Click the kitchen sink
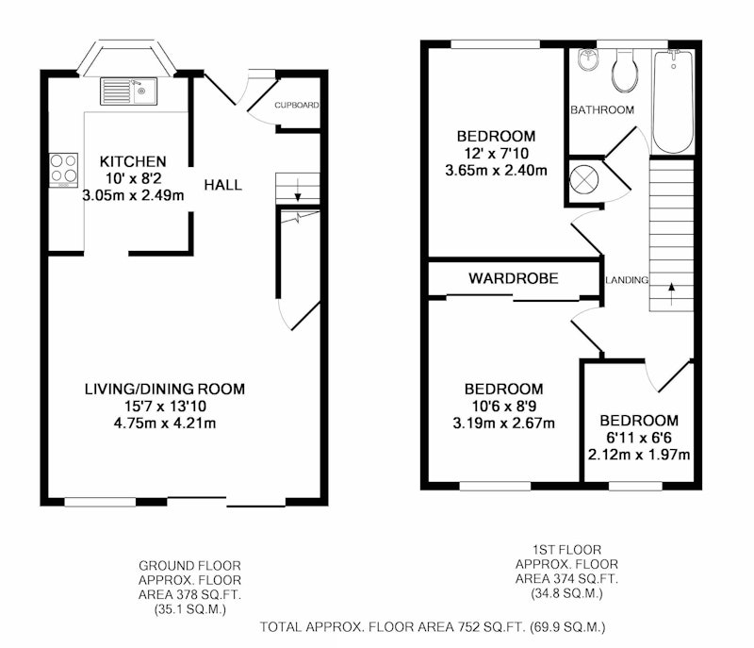coord(128,91)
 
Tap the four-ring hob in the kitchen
coord(63,170)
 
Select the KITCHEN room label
coord(133,161)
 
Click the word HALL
coord(222,185)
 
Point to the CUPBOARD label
coord(297,105)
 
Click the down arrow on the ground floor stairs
coord(298,190)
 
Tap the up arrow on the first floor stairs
coord(671,294)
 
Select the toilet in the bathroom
coord(625,70)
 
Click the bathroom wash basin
coord(587,59)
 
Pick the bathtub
coord(673,102)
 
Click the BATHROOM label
coord(602,110)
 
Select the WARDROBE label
coord(514,278)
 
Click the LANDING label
coord(627,280)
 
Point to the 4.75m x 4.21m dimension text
coord(165,424)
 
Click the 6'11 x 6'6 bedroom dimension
coord(639,438)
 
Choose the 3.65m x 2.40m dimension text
coord(497,171)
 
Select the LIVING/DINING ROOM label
coord(165,389)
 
